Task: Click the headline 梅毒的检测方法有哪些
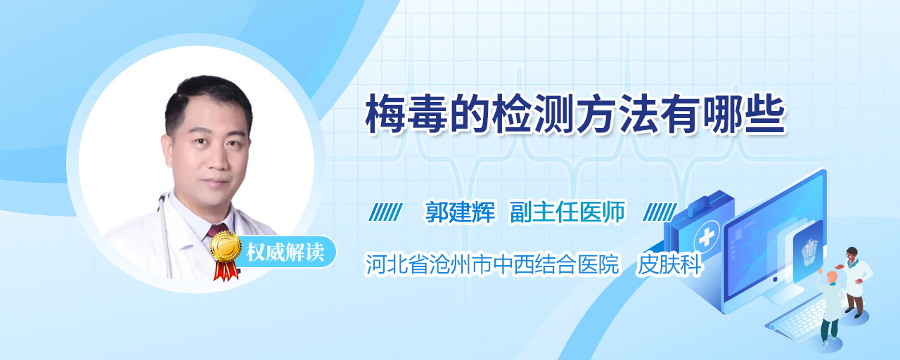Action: pos(575,115)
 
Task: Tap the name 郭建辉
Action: pos(460,212)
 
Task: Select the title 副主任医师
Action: pos(567,212)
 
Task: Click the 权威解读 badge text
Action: pos(285,252)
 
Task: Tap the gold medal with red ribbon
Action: pos(226,255)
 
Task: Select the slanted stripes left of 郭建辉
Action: pos(385,212)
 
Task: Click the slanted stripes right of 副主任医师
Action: pos(660,212)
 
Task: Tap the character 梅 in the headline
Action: pos(385,115)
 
